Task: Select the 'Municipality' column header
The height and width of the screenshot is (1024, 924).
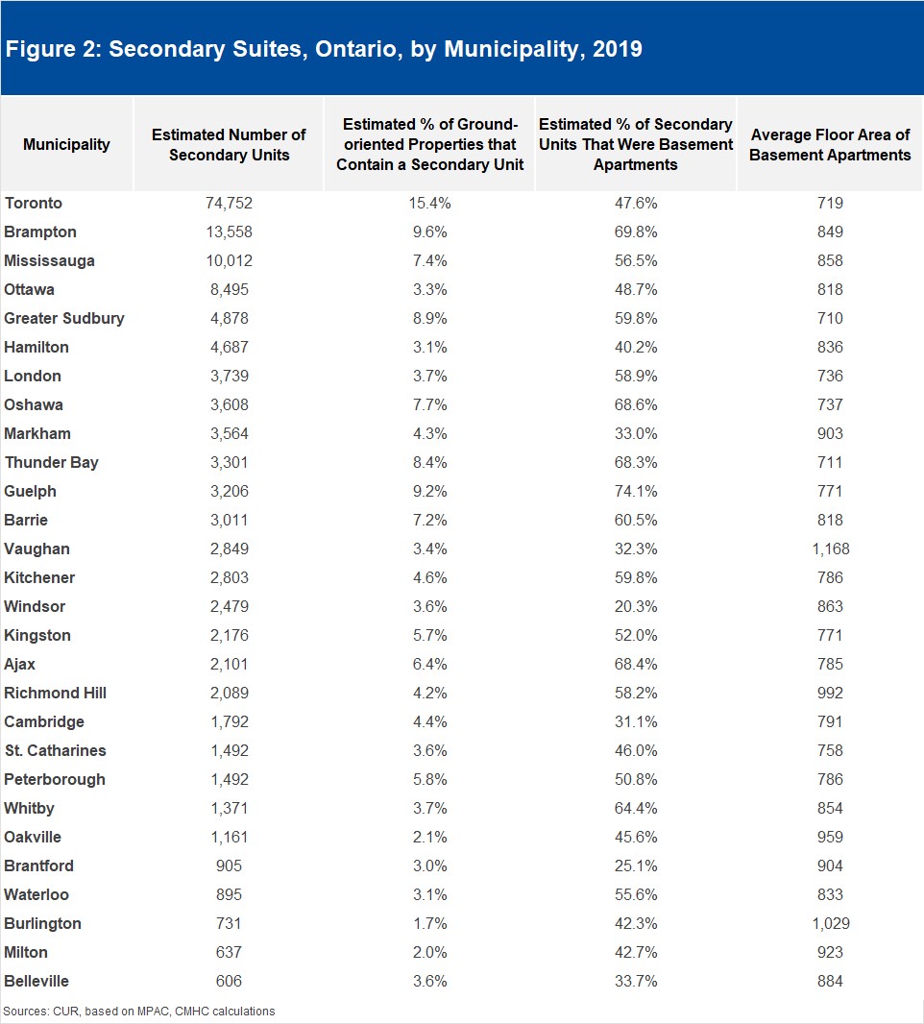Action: [66, 144]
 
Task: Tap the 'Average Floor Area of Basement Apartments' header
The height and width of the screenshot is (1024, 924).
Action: [830, 144]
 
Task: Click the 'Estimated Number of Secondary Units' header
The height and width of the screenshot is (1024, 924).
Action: [230, 144]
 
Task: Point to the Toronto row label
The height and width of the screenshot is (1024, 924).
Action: [34, 203]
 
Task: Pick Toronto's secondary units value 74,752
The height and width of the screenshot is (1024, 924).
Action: [230, 203]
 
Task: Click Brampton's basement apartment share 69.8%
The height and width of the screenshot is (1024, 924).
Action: [636, 232]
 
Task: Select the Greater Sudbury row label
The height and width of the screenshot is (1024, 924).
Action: [64, 319]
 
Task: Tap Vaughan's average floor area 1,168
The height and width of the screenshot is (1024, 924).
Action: [831, 549]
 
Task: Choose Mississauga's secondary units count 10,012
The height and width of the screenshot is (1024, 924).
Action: [230, 260]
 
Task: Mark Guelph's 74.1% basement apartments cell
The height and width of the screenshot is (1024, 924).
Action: [636, 491]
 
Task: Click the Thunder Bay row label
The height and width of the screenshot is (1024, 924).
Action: [52, 463]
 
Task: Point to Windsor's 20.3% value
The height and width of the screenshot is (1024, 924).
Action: [636, 607]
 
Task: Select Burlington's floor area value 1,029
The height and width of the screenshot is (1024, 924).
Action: [831, 923]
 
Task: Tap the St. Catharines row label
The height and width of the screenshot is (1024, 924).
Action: [56, 750]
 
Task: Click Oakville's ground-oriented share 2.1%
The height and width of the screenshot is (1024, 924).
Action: [429, 838]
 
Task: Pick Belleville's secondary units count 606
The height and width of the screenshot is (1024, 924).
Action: [230, 981]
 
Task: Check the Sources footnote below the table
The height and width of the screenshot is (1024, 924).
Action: [139, 1011]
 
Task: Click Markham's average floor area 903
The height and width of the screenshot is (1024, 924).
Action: [830, 433]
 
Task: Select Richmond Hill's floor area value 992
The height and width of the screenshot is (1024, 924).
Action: [830, 693]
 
